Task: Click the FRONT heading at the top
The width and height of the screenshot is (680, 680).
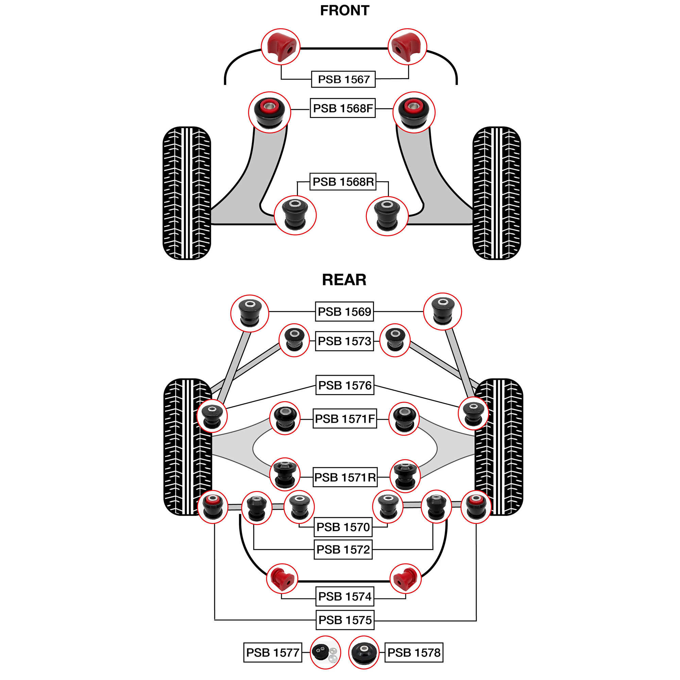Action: [x=344, y=11]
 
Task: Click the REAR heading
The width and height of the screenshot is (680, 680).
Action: [x=344, y=280]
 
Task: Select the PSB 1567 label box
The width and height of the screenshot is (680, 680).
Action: [x=343, y=79]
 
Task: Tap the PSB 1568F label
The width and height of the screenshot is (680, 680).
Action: [x=342, y=108]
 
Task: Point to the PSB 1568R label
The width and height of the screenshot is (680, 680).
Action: [x=343, y=182]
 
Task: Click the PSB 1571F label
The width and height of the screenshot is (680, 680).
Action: [x=344, y=419]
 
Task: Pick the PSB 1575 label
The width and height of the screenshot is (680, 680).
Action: [x=344, y=619]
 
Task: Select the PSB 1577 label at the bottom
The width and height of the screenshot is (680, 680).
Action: [x=272, y=652]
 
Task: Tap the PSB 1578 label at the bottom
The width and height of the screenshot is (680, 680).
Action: [x=413, y=652]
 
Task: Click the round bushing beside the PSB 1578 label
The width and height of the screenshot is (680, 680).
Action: [x=363, y=652]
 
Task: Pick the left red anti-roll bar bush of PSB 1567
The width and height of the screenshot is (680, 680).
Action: [x=280, y=47]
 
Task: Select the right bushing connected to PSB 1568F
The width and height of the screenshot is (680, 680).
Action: [x=413, y=112]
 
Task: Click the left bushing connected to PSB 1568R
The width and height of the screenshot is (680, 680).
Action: [x=295, y=215]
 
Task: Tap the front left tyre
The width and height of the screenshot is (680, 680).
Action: [x=187, y=193]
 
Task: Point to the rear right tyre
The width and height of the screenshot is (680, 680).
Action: [x=498, y=447]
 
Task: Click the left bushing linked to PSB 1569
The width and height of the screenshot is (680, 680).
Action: [x=250, y=313]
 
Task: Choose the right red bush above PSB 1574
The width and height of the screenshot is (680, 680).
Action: [x=406, y=578]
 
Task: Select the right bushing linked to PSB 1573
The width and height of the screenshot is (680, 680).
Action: [x=395, y=340]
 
